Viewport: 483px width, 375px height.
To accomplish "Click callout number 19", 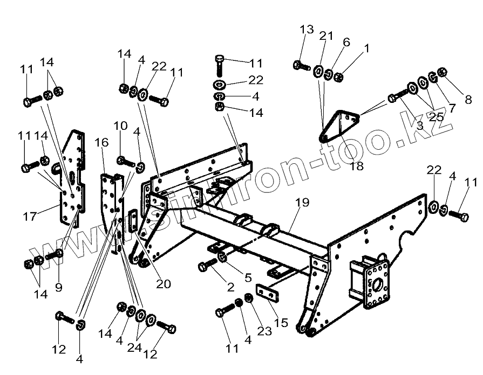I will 302,203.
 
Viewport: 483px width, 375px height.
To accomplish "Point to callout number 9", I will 58,288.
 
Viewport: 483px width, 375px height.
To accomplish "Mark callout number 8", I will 467,99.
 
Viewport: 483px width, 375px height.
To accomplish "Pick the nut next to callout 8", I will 441,72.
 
